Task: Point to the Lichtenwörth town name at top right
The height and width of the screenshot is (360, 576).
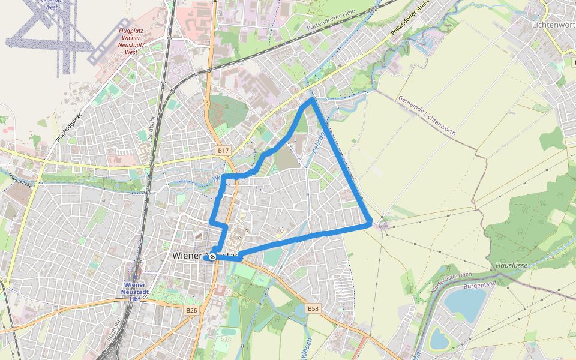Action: pyautogui.click(x=553, y=25)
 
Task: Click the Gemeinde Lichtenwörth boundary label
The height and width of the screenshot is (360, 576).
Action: pyautogui.click(x=427, y=116)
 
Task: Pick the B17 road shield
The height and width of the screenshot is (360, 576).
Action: pyautogui.click(x=223, y=150)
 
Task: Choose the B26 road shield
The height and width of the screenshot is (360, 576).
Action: pyautogui.click(x=191, y=310)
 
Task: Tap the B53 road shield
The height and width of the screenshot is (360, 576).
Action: pyautogui.click(x=313, y=308)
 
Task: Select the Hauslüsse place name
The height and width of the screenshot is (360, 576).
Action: pyautogui.click(x=511, y=265)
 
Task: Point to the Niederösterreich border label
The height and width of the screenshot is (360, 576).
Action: pyautogui.click(x=452, y=281)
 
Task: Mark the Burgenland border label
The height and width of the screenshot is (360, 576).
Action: pyautogui.click(x=480, y=283)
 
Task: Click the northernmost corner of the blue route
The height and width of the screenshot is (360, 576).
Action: pyautogui.click(x=312, y=99)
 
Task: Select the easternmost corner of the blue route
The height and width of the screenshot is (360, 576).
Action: pyautogui.click(x=370, y=224)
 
